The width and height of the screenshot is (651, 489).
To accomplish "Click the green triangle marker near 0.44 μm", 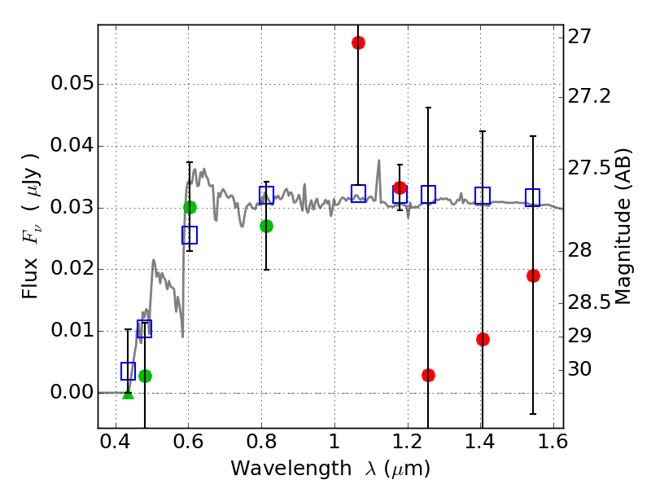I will click(x=128, y=394).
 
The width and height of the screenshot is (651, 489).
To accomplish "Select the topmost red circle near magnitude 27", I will click(x=358, y=42).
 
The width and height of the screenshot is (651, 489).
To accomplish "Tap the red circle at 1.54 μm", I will click(x=533, y=275).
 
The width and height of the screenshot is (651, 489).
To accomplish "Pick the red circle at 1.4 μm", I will click(x=483, y=339).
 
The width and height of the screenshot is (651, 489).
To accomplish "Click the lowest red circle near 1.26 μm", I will click(x=428, y=375).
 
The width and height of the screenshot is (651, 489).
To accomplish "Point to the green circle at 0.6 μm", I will click(x=190, y=207).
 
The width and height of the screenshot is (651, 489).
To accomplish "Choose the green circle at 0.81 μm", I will click(x=266, y=226).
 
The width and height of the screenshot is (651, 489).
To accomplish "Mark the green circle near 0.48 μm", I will click(x=145, y=376).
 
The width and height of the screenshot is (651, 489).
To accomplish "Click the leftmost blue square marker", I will click(x=128, y=371).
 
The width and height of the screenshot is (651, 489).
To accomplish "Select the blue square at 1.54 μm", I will click(x=533, y=197).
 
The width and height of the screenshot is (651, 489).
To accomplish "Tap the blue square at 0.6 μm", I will click(x=190, y=235).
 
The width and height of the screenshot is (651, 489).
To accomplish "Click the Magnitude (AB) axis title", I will click(x=623, y=227).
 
